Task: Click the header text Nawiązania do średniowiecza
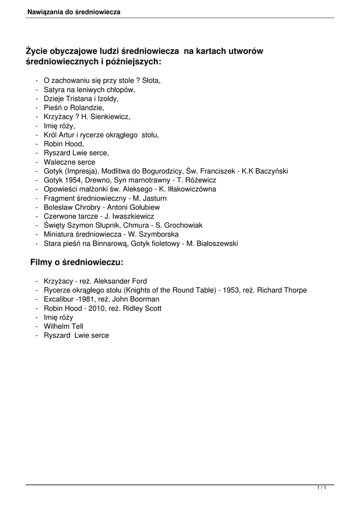pos(73,11)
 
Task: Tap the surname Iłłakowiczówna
pos(191,189)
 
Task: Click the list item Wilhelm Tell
pos(64,326)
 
